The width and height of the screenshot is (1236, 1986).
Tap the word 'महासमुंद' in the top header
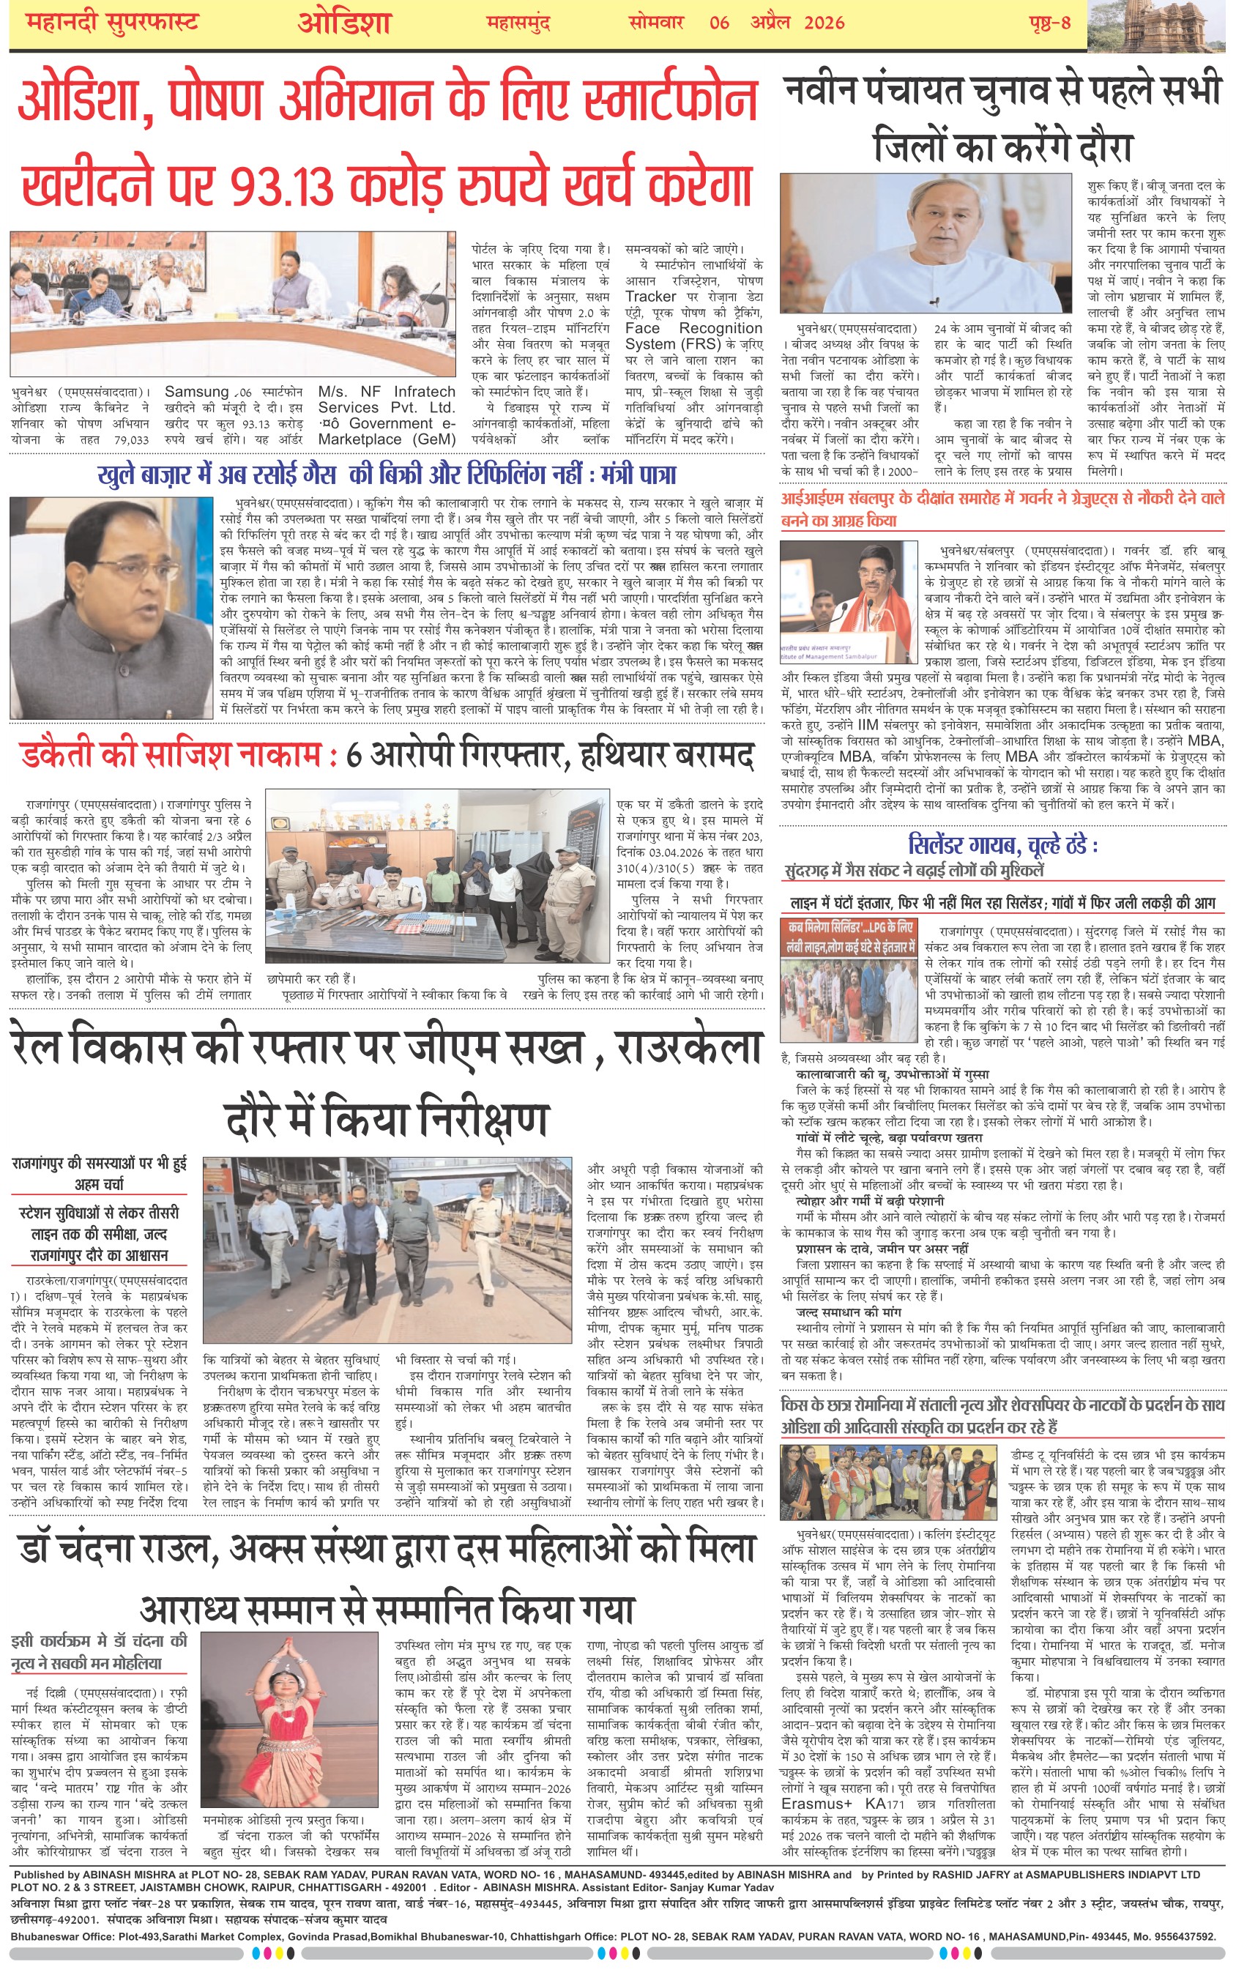518,23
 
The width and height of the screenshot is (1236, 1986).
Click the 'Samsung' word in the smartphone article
196,393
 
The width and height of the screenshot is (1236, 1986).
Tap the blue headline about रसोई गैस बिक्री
387,475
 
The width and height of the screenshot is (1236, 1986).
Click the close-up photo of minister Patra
111,607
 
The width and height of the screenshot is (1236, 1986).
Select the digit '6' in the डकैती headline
354,756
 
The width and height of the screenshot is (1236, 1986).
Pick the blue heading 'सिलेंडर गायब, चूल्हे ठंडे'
1003,844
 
